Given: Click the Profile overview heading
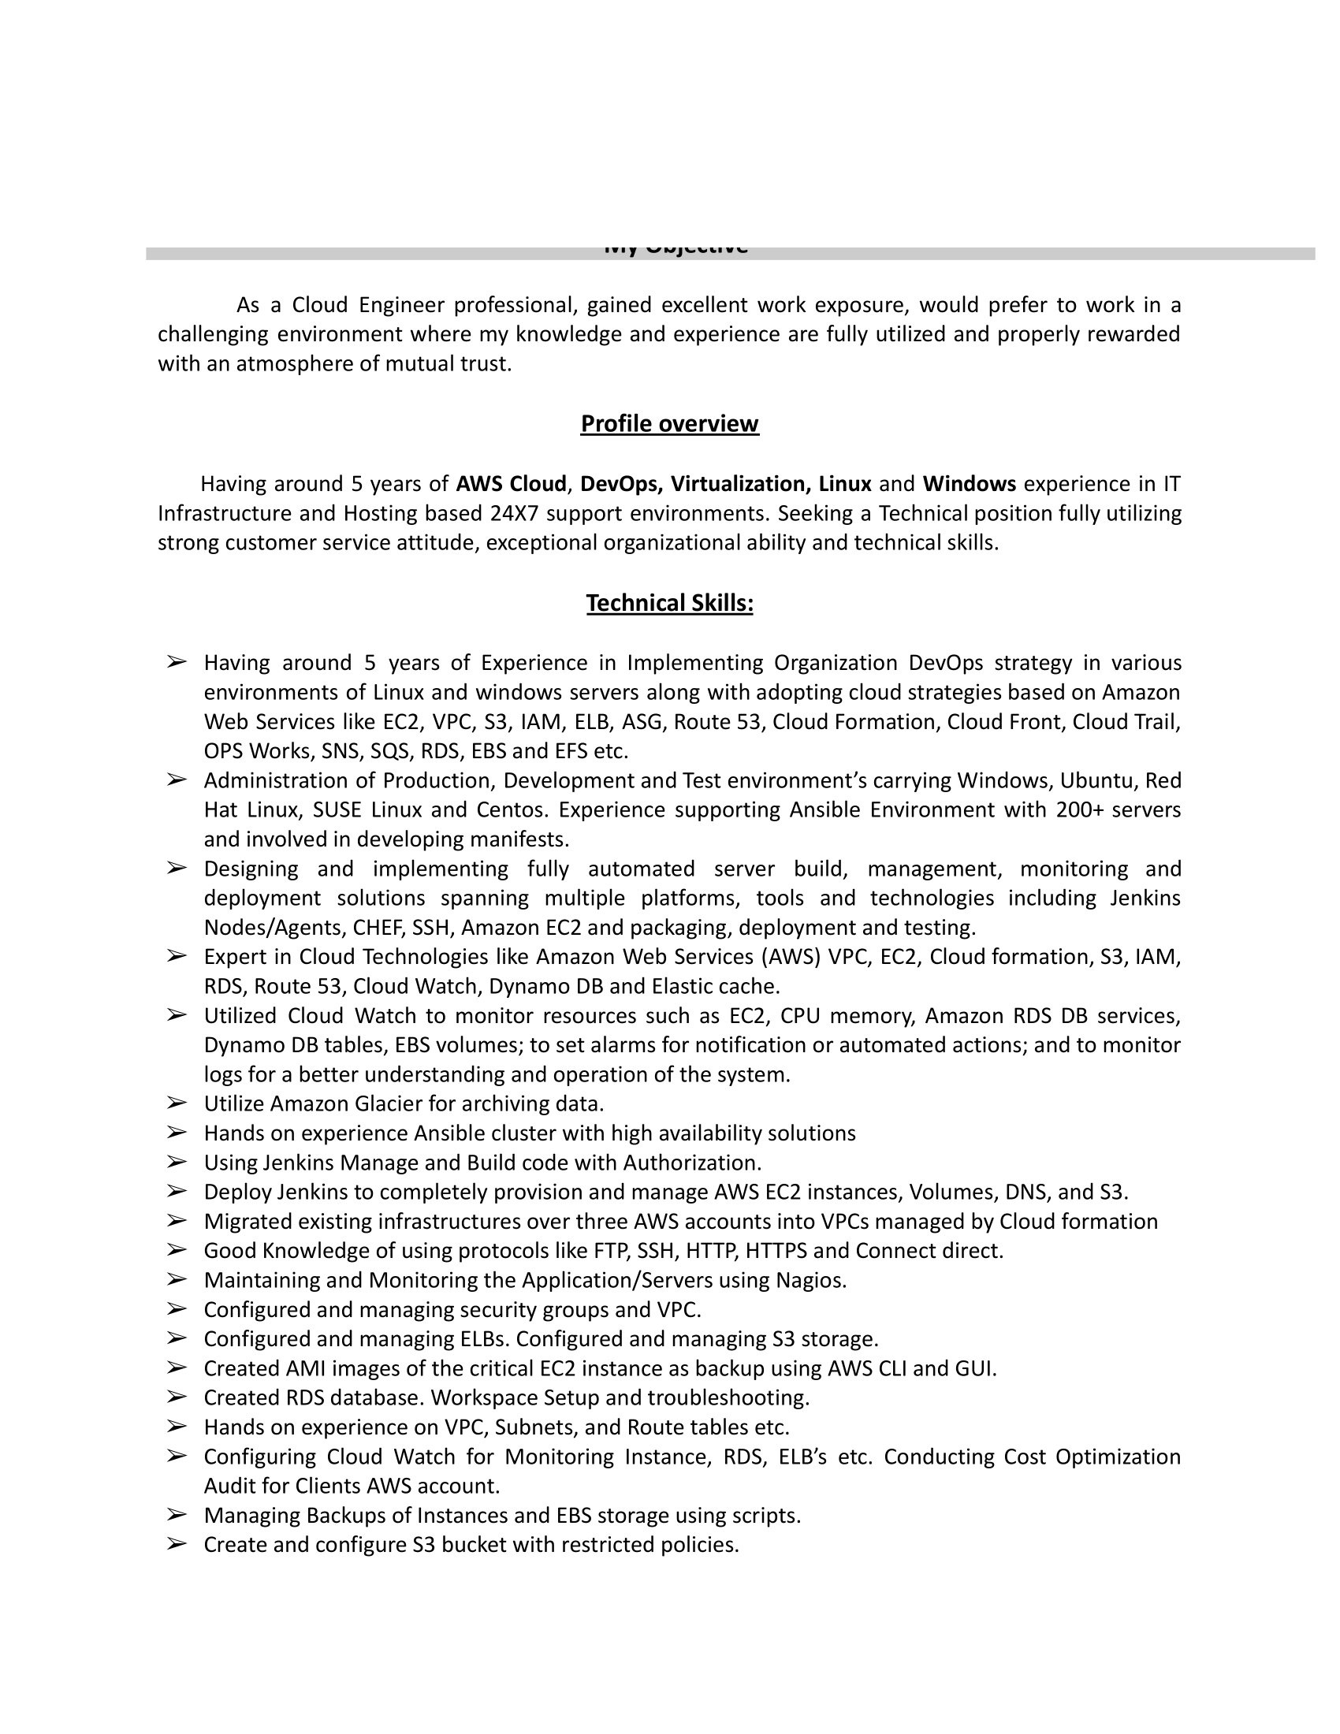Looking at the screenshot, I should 669,424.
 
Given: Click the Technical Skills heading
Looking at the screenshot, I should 669,604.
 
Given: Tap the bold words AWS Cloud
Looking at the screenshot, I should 512,483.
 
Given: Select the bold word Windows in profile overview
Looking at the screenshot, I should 970,483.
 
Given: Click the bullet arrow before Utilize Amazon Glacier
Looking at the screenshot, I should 177,1103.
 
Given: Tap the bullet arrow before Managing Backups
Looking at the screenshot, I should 177,1515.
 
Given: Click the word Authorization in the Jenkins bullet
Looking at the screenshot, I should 690,1163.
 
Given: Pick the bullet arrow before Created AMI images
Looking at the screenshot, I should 177,1367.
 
